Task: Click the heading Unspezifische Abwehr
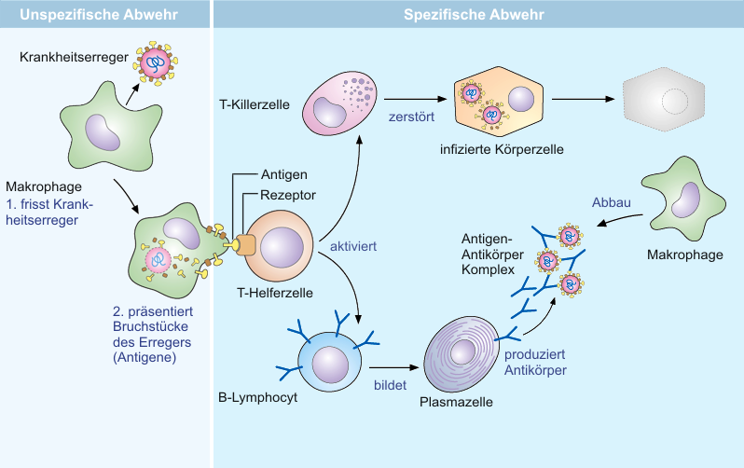[99, 14]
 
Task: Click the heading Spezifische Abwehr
[474, 14]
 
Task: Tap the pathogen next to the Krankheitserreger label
[155, 63]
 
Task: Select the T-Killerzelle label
[255, 104]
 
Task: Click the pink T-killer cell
[339, 103]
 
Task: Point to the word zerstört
[411, 117]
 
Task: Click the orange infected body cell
[499, 102]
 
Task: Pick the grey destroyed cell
[663, 99]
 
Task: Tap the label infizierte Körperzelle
[502, 149]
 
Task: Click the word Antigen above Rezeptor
[283, 174]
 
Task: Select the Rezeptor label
[287, 195]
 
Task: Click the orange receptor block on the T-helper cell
[245, 245]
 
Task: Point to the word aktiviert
[353, 246]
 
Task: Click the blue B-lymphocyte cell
[329, 362]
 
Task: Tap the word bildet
[390, 385]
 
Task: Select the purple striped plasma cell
[462, 353]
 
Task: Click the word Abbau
[612, 202]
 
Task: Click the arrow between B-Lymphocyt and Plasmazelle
[393, 367]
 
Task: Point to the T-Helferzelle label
[275, 293]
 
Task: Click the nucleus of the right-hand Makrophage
[685, 200]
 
